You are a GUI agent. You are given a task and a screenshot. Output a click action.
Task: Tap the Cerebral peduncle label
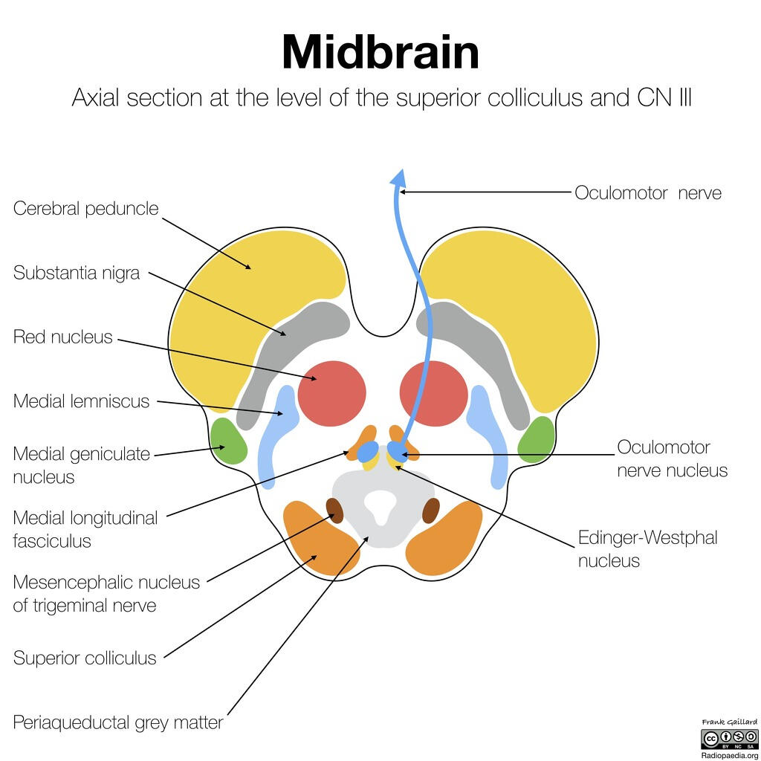click(86, 208)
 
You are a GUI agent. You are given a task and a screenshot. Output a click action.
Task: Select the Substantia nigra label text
click(77, 273)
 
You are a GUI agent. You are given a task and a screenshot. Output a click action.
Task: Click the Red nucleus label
click(63, 337)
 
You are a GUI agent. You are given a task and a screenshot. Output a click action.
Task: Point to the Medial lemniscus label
click(82, 401)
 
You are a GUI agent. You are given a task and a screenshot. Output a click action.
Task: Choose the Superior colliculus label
click(85, 658)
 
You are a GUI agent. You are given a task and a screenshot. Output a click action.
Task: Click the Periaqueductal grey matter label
click(118, 722)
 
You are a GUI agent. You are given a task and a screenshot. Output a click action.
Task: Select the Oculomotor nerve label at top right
click(647, 192)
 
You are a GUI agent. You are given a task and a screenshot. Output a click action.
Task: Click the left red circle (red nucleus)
click(331, 393)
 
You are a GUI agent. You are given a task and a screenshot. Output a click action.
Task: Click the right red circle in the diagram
click(433, 393)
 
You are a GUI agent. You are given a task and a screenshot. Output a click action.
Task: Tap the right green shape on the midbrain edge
click(536, 440)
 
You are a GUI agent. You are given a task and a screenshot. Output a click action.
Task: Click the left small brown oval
click(335, 510)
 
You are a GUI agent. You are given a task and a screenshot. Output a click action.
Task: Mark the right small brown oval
click(430, 511)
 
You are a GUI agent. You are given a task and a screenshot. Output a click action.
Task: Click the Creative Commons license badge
click(729, 739)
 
